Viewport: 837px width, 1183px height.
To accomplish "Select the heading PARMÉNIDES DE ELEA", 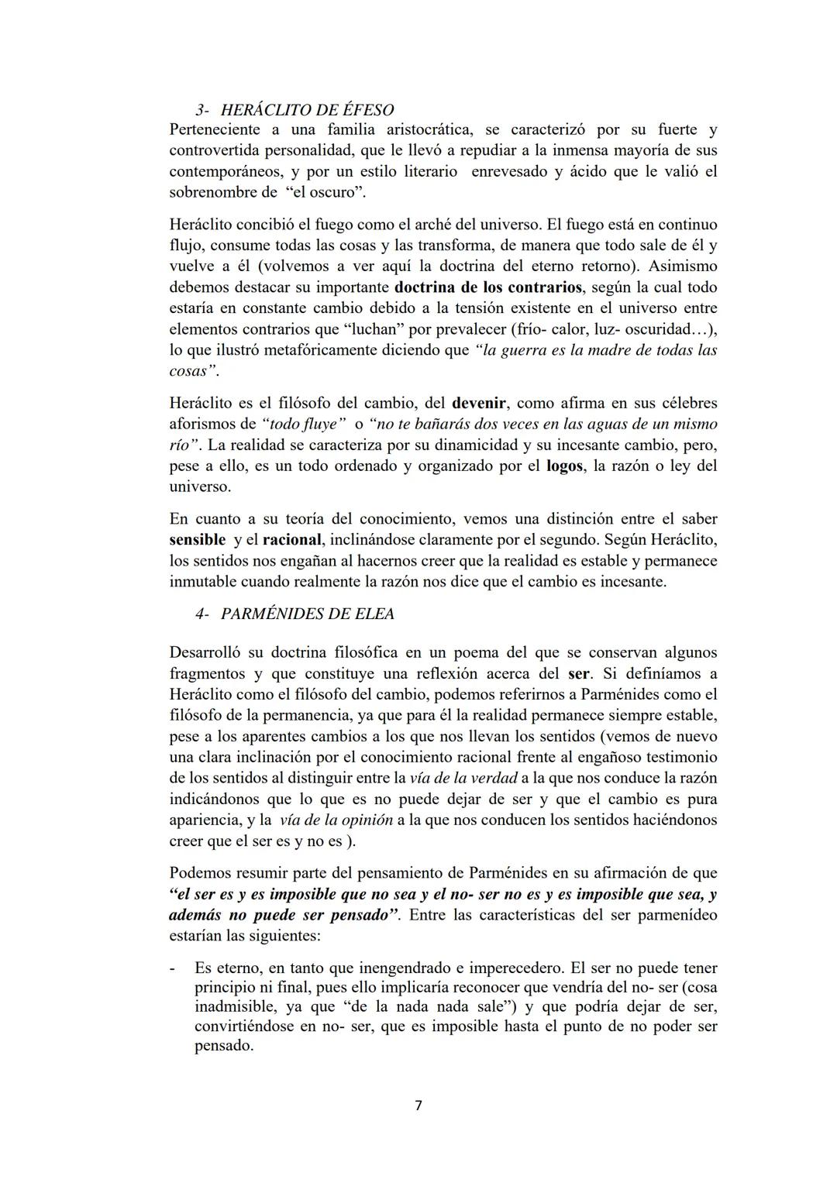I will pos(307,614).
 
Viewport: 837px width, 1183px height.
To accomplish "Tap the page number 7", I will pos(418,1106).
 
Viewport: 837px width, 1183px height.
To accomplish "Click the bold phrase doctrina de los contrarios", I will pos(488,287).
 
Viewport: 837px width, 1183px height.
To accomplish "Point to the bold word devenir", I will pos(479,403).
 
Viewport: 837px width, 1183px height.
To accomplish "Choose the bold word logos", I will pos(565,466).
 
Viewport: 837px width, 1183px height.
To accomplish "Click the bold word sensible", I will pos(197,539).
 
